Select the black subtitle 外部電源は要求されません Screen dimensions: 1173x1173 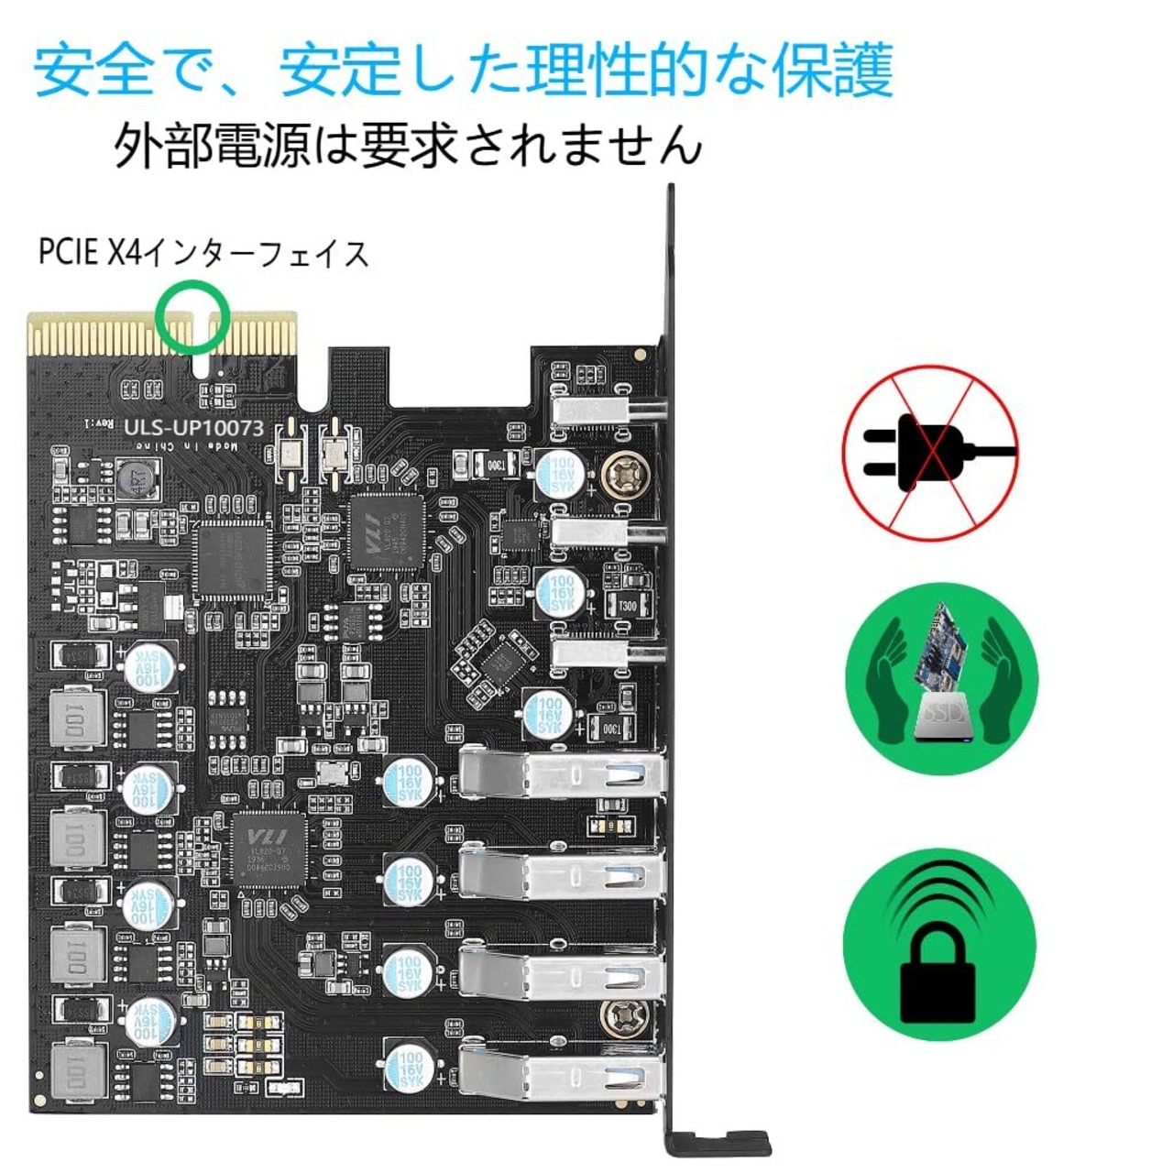[x=408, y=145]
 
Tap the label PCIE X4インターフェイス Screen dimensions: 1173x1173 [x=203, y=253]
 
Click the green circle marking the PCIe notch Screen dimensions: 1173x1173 [x=192, y=316]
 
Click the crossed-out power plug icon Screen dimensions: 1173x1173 [x=929, y=453]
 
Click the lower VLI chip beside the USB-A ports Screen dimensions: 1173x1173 [x=270, y=848]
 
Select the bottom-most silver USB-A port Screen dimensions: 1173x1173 [x=561, y=1072]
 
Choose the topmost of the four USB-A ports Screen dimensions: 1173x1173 [x=561, y=774]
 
